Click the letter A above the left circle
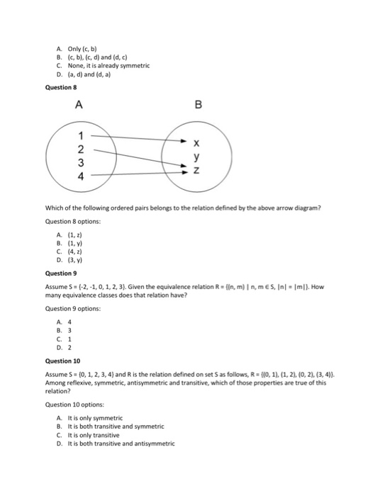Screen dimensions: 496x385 [x=79, y=106]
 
